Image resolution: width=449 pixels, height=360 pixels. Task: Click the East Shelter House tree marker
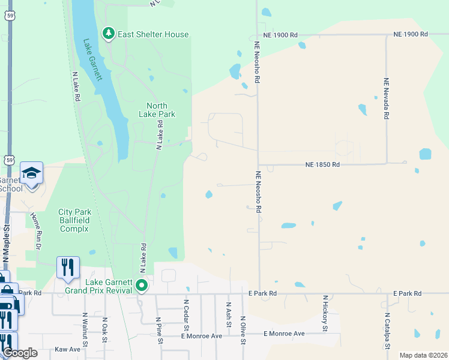109,34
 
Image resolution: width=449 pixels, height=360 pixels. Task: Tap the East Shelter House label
153,34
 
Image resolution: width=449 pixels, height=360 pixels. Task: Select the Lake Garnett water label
92,60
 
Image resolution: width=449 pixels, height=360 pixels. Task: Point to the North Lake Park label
157,109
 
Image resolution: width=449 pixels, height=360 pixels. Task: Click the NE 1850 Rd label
322,164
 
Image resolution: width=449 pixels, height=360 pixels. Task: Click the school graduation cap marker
31,173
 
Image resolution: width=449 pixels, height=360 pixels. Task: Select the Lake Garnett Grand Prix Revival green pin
142,285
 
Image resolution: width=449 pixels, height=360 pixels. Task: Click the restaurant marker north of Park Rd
68,267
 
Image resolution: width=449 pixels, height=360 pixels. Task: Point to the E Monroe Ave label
285,334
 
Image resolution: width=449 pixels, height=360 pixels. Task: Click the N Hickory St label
325,313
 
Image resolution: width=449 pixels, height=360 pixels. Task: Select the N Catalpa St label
387,331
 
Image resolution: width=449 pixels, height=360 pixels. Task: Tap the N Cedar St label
186,316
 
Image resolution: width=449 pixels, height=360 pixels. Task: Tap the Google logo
20,353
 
